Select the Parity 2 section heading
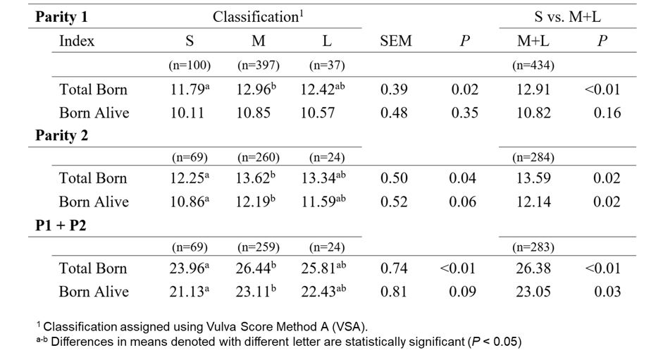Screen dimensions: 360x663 [62, 136]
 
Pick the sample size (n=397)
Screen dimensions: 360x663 [259, 66]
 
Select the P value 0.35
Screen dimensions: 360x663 [464, 113]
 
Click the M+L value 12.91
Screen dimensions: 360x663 [533, 90]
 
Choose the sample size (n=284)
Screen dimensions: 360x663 [533, 158]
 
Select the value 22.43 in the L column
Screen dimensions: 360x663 [322, 292]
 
